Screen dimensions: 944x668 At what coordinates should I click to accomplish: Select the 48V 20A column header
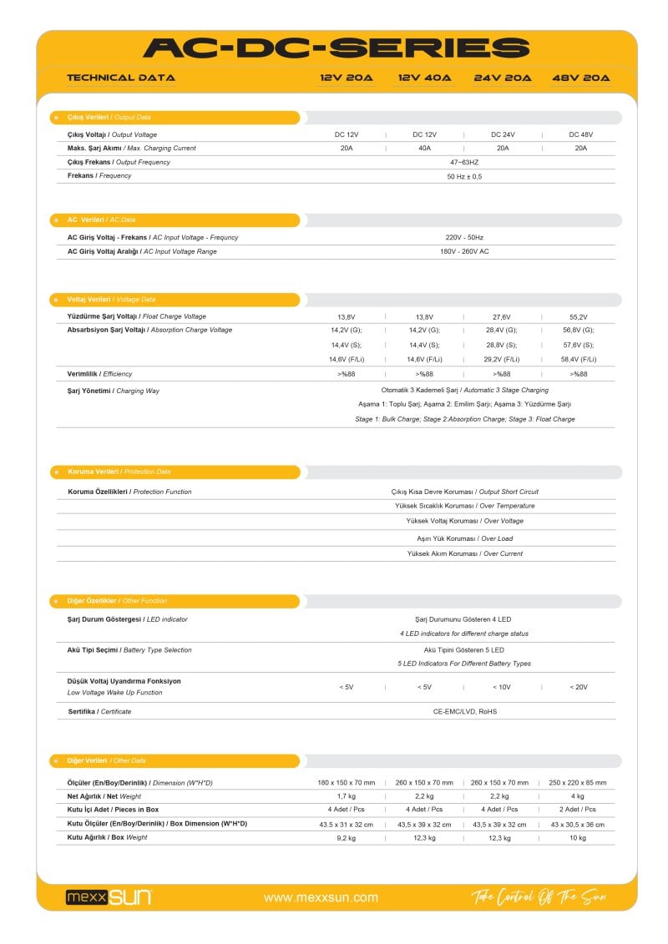(x=581, y=78)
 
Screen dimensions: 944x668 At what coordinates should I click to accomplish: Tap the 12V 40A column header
(x=424, y=78)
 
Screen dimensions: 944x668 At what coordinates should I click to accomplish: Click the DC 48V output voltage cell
(x=581, y=134)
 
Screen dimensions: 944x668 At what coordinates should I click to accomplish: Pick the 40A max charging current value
(x=424, y=148)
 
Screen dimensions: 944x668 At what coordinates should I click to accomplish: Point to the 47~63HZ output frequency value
(x=464, y=162)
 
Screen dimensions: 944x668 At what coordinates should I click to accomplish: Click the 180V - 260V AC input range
(x=464, y=251)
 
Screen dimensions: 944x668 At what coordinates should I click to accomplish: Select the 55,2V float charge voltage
(x=578, y=317)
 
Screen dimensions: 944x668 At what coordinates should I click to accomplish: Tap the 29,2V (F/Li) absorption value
(x=503, y=359)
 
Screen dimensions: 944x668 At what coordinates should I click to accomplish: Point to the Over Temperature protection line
(x=464, y=506)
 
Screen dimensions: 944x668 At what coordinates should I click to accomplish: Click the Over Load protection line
(x=464, y=538)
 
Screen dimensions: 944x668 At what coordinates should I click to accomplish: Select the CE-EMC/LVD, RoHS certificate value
(x=464, y=711)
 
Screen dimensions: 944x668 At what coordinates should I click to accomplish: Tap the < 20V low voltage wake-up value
(x=579, y=687)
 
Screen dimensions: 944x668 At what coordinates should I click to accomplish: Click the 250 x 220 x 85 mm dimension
(x=578, y=783)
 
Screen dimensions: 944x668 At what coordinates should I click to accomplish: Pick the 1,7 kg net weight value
(x=347, y=796)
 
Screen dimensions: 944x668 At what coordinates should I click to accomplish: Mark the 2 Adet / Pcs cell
(x=578, y=810)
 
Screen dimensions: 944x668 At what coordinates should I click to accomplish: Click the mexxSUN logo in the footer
(x=109, y=897)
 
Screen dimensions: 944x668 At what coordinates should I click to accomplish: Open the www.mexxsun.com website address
(x=321, y=898)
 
